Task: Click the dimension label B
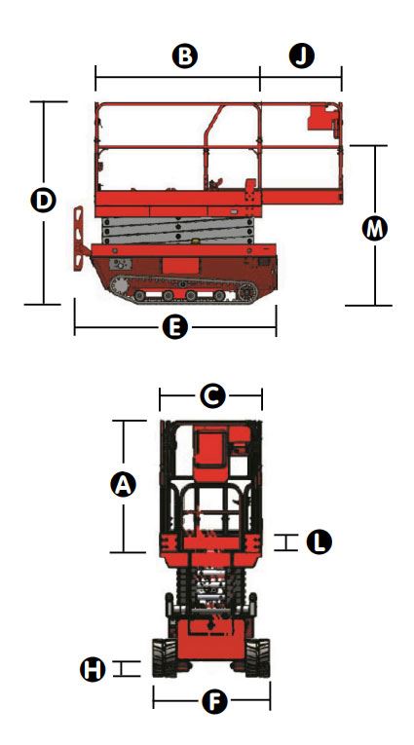pos(184,56)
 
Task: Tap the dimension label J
pos(302,56)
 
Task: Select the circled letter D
pos(43,200)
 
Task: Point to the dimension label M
pos(375,229)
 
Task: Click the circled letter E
pos(175,327)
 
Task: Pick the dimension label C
pos(212,395)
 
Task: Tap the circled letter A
pos(123,485)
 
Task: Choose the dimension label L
pos(319,542)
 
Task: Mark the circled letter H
pos(93,669)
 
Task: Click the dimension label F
pos(215,701)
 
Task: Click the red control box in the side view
pos(323,117)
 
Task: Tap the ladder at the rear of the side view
pos(79,238)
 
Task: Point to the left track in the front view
pos(165,657)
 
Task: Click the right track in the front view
pos(257,657)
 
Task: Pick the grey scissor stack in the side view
pos(177,231)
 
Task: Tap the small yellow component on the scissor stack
pos(195,242)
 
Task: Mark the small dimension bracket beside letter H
pos(126,668)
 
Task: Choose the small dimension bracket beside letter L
pos(285,542)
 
